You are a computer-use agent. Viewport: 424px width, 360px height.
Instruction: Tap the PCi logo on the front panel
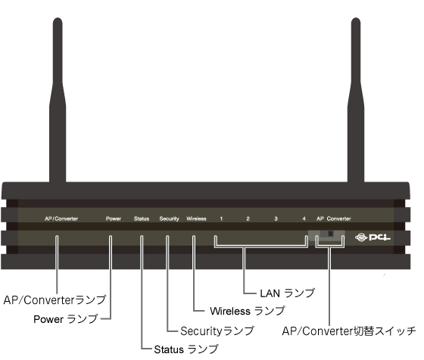pyautogui.click(x=373, y=237)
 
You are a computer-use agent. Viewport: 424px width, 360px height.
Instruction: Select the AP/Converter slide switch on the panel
pyautogui.click(x=327, y=234)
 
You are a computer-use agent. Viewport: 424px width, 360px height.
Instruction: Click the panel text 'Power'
pyautogui.click(x=114, y=219)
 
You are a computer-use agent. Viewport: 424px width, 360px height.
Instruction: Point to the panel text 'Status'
pyautogui.click(x=142, y=219)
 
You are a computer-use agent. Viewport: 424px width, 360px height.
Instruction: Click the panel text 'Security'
pyautogui.click(x=169, y=219)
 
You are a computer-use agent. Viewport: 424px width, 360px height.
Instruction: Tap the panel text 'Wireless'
pyautogui.click(x=196, y=219)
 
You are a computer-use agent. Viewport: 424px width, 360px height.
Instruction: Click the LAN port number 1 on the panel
pyautogui.click(x=221, y=219)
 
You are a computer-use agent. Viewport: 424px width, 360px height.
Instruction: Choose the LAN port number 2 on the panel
pyautogui.click(x=248, y=219)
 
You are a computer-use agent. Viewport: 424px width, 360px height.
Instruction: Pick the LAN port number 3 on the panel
pyautogui.click(x=276, y=219)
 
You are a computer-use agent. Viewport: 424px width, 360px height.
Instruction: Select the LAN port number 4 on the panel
pyautogui.click(x=304, y=219)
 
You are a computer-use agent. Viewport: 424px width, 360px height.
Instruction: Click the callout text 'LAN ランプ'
pyautogui.click(x=288, y=293)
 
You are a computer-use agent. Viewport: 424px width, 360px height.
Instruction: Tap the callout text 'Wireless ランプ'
pyautogui.click(x=248, y=311)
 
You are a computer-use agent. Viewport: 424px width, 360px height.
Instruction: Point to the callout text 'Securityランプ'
pyautogui.click(x=217, y=331)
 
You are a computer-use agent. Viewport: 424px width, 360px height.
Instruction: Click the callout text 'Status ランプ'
pyautogui.click(x=186, y=349)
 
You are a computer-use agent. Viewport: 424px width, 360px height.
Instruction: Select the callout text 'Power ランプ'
pyautogui.click(x=65, y=319)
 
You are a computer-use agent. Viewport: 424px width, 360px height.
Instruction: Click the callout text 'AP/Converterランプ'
pyautogui.click(x=55, y=299)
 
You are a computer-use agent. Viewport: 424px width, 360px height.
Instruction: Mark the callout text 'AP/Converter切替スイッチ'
pyautogui.click(x=349, y=331)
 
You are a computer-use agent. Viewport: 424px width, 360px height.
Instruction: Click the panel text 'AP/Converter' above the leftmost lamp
pyautogui.click(x=61, y=219)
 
